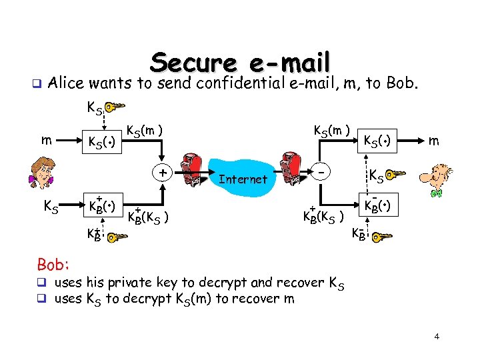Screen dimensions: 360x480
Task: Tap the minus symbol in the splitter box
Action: tap(321, 172)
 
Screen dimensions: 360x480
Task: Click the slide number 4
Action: tap(437, 337)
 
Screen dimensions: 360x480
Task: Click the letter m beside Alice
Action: tap(45, 139)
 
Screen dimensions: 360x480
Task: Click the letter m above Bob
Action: tap(433, 140)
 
